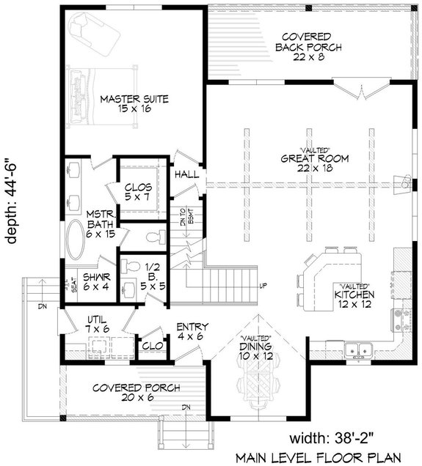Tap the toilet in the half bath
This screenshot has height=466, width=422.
[153, 236]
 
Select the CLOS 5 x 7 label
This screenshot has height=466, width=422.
[138, 192]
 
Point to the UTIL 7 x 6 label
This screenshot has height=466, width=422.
[97, 325]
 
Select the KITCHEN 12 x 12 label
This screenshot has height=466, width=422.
[355, 293]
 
